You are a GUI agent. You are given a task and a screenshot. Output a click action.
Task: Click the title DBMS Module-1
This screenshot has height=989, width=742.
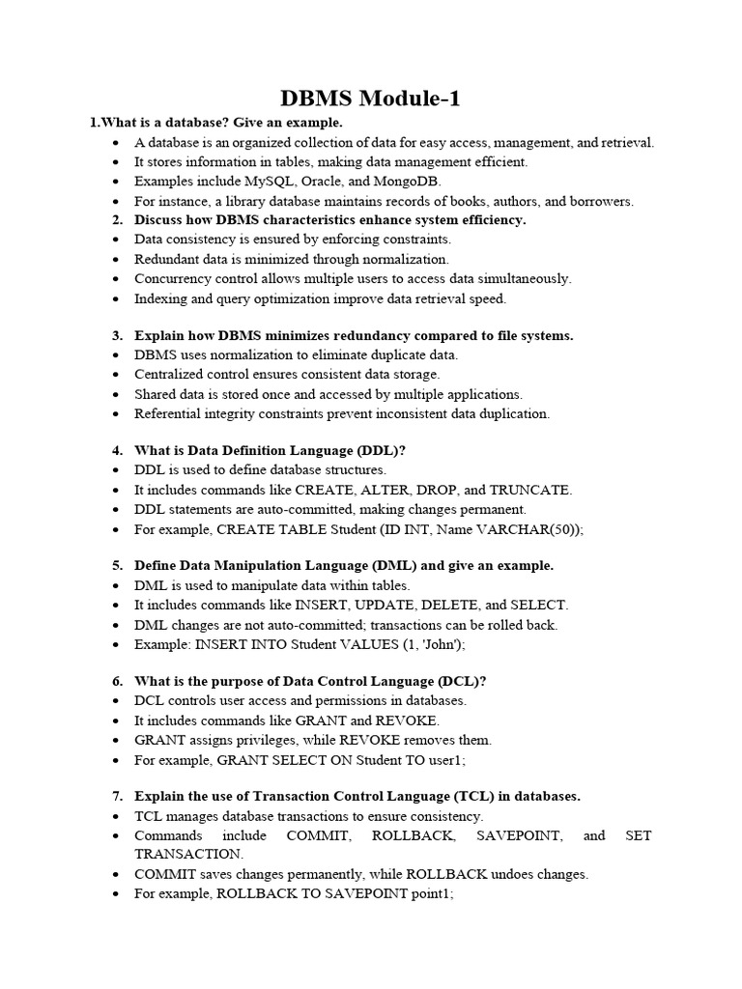pyautogui.click(x=371, y=99)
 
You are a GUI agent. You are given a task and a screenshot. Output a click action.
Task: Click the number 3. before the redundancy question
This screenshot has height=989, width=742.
pyautogui.click(x=117, y=336)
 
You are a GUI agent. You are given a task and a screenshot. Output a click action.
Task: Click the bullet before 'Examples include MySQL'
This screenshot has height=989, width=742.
pyautogui.click(x=116, y=182)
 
